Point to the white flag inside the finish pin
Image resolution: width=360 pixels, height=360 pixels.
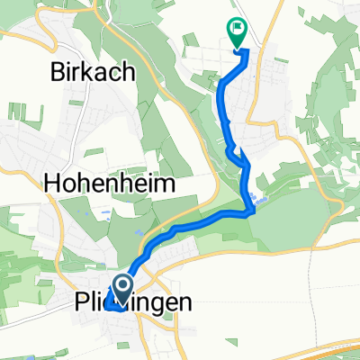(x=238, y=28)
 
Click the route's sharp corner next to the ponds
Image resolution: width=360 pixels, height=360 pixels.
(x=252, y=212)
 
